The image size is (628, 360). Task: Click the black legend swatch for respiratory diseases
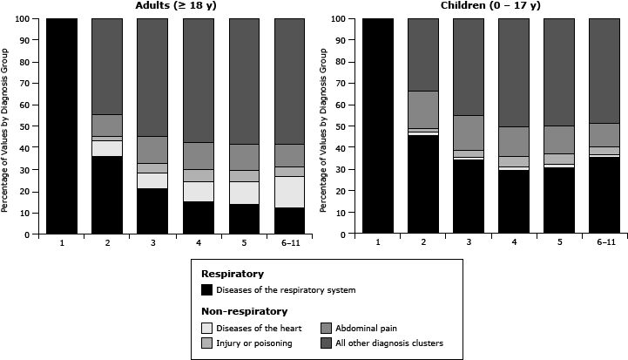207,289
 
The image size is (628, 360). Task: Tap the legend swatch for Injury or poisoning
207,342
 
